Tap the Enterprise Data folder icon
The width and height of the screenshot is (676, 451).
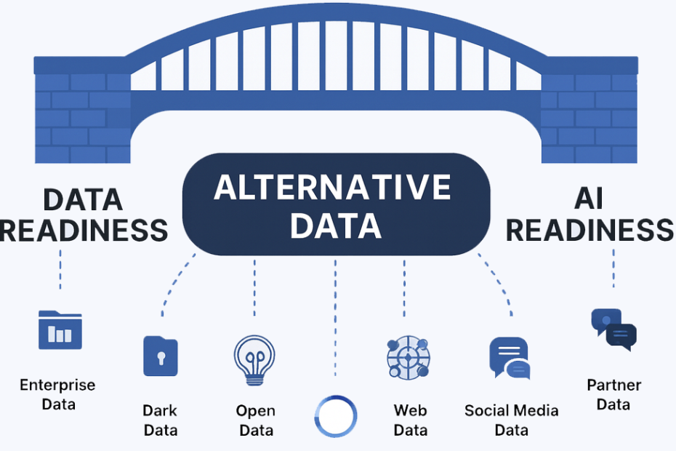pyautogui.click(x=60, y=330)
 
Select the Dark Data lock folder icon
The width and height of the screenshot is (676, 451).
pyautogui.click(x=161, y=356)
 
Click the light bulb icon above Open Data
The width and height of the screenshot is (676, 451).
pyautogui.click(x=254, y=360)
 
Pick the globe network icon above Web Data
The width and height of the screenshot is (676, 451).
pyautogui.click(x=408, y=358)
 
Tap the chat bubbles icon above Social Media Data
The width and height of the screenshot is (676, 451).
pyautogui.click(x=510, y=358)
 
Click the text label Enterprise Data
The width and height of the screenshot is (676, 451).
pyautogui.click(x=57, y=394)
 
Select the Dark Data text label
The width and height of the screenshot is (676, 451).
pyautogui.click(x=161, y=420)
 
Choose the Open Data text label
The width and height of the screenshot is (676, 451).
pyautogui.click(x=256, y=420)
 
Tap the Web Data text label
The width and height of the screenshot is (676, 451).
pyautogui.click(x=411, y=420)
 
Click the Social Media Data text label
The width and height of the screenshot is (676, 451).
pyautogui.click(x=511, y=420)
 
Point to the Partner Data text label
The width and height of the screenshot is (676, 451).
pyautogui.click(x=614, y=394)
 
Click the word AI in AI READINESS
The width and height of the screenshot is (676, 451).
pyautogui.click(x=589, y=199)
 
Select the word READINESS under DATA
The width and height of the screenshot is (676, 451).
pyautogui.click(x=84, y=231)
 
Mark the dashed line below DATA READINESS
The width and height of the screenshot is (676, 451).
pyautogui.click(x=60, y=269)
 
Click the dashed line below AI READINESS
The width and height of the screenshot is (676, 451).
pyautogui.click(x=613, y=268)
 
